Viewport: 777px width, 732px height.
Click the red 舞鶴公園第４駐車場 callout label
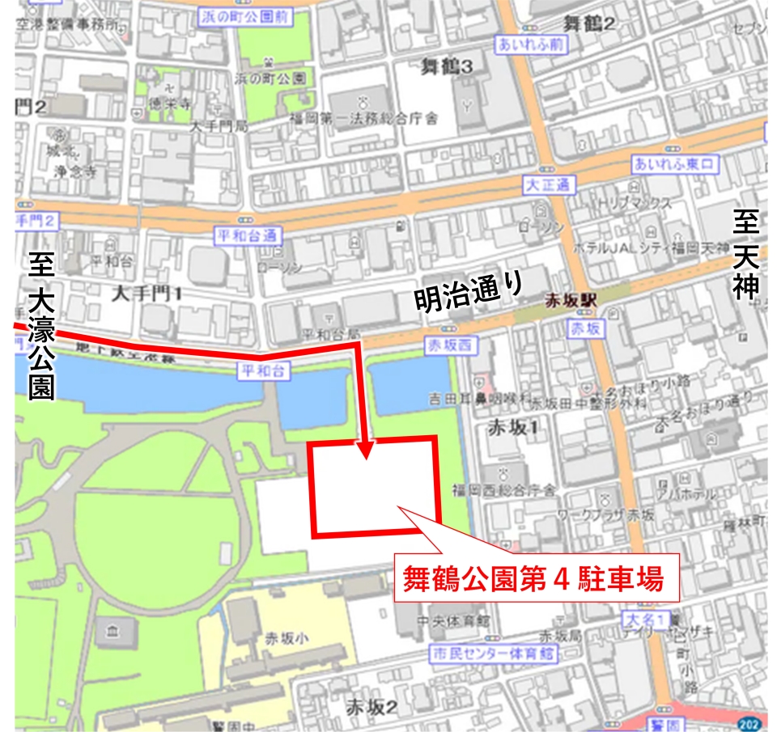click(x=534, y=578)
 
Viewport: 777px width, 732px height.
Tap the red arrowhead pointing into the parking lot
click(x=366, y=450)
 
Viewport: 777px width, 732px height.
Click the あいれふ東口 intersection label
click(x=675, y=165)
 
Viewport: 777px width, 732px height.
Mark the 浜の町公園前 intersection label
click(x=243, y=14)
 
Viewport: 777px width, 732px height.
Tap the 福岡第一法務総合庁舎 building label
click(x=363, y=119)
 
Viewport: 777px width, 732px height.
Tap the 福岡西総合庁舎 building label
click(x=504, y=490)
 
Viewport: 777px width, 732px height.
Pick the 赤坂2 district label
click(x=372, y=707)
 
